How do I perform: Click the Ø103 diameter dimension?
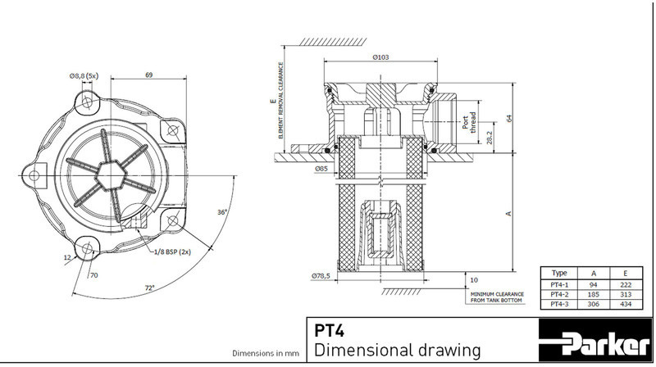tap(380, 57)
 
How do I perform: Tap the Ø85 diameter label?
tap(321, 169)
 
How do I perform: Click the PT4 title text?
tap(330, 332)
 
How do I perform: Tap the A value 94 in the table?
tap(593, 282)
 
